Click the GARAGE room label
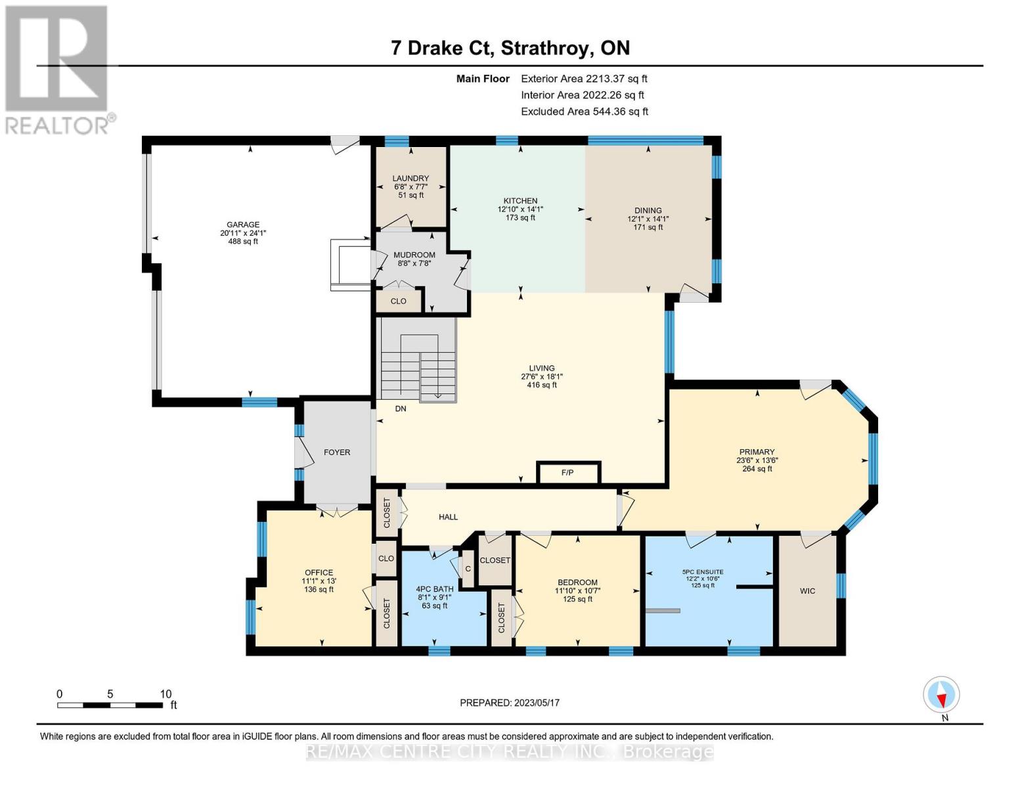point(243,225)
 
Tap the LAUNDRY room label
point(410,179)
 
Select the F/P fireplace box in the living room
point(568,473)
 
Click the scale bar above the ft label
point(110,705)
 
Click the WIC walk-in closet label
point(807,591)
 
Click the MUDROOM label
point(414,255)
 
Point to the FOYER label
point(337,452)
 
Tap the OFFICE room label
point(319,573)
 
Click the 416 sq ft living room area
point(542,385)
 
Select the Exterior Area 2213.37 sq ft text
point(584,79)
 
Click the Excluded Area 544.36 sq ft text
point(585,112)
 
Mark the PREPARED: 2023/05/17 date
point(510,703)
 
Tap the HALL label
point(449,517)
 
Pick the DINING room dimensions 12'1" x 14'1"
point(648,219)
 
